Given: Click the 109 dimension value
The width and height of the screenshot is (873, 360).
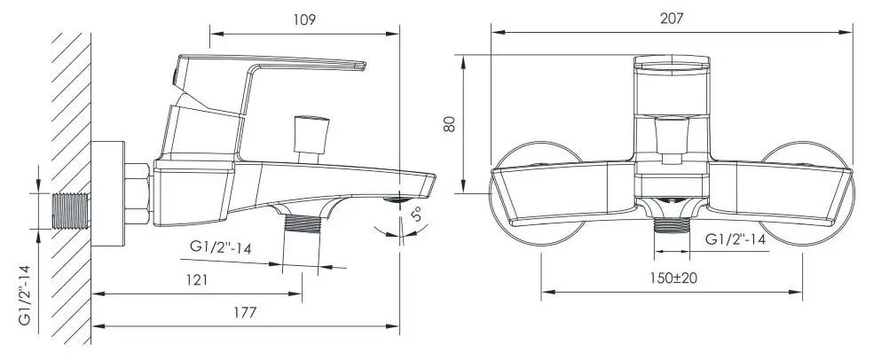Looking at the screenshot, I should [x=303, y=19].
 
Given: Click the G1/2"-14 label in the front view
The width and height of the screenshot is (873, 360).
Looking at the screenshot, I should [x=735, y=239].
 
